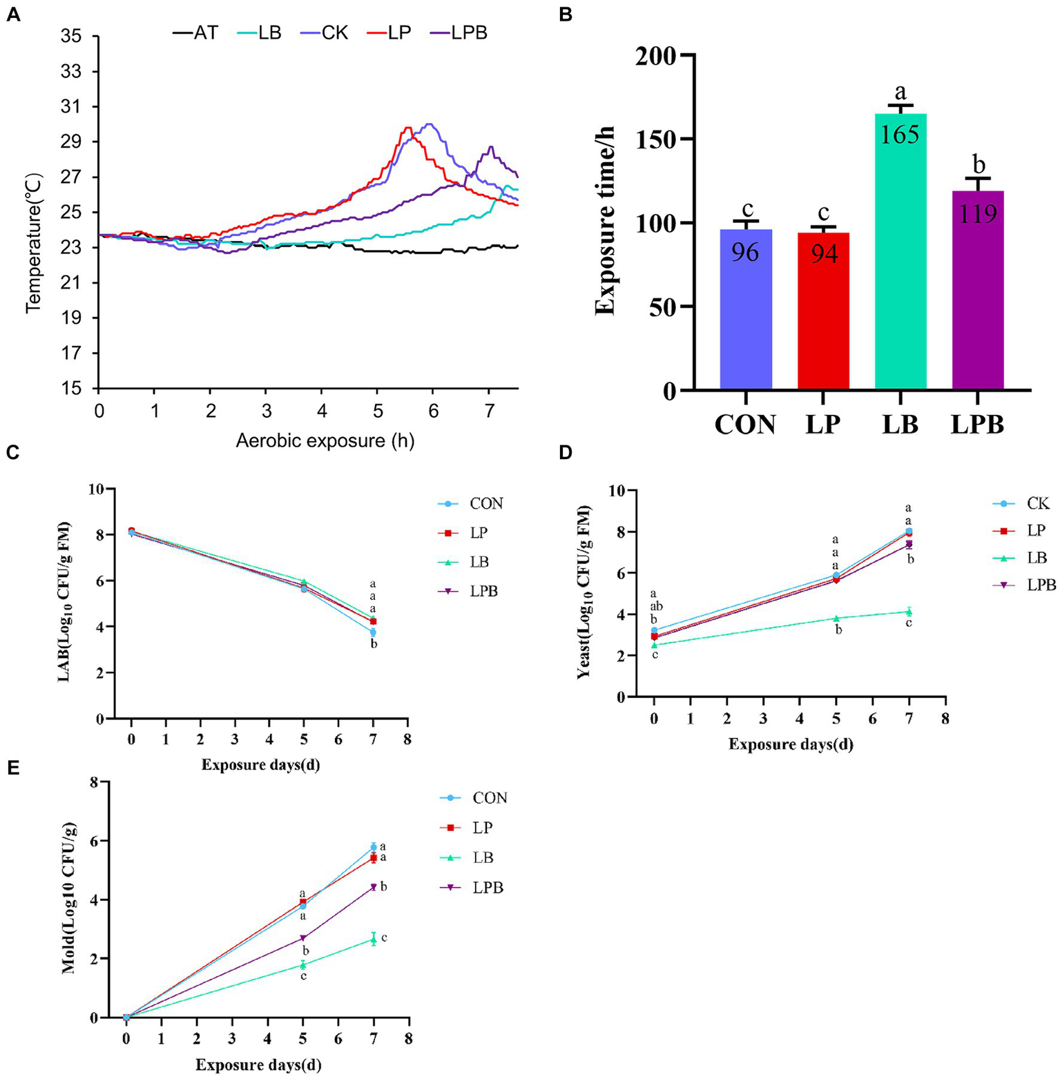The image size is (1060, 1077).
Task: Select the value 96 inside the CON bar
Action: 745,252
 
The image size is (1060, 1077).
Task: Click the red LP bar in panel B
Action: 823,311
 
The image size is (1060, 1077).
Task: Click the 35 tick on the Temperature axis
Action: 71,37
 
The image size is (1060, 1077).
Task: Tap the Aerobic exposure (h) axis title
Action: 325,440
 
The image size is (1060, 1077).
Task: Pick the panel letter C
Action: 12,453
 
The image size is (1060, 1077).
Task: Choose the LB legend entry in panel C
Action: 479,562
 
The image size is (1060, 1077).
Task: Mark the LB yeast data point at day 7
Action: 909,611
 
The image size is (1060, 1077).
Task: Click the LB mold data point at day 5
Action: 302,964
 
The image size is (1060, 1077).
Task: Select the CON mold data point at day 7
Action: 374,846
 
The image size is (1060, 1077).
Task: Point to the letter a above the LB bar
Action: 900,91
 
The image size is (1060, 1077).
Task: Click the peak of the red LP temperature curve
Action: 408,128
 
